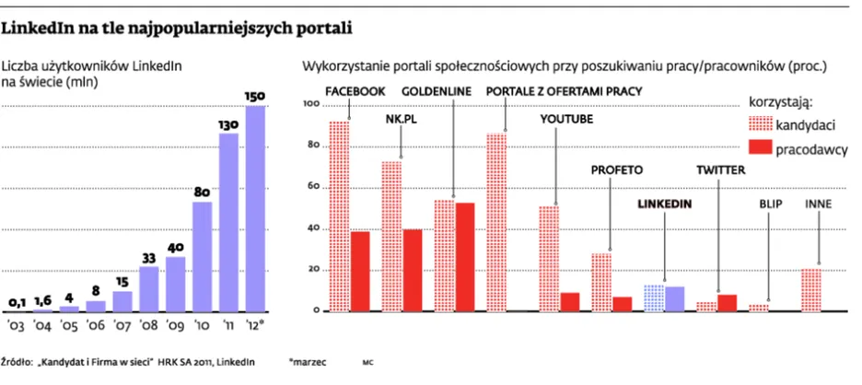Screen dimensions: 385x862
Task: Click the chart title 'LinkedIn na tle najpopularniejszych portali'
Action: [x=177, y=27]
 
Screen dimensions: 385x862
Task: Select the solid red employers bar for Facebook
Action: [x=360, y=271]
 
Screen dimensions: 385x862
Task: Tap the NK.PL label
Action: [x=402, y=119]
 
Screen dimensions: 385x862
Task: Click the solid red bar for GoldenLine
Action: [x=466, y=256]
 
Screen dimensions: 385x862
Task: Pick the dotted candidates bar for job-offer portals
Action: [x=497, y=222]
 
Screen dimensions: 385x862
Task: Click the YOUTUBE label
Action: [x=565, y=119]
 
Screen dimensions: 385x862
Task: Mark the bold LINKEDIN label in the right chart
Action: [x=665, y=203]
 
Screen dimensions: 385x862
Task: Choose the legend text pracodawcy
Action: [x=811, y=148]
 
